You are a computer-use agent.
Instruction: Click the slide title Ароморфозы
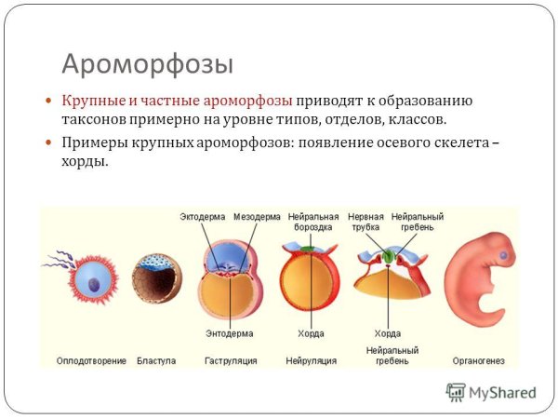coord(147,63)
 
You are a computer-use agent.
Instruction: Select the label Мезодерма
coord(256,216)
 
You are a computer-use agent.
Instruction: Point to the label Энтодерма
coord(228,332)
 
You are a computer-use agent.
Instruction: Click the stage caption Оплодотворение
coord(91,360)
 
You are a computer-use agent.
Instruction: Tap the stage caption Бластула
coord(156,360)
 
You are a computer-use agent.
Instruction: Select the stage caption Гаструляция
coord(229,360)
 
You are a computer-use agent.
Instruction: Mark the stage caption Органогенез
coord(479,360)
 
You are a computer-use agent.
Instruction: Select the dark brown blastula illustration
coord(155,279)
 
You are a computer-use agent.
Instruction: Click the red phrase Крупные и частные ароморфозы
coord(177,101)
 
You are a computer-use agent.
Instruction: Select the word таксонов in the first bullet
coord(97,119)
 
